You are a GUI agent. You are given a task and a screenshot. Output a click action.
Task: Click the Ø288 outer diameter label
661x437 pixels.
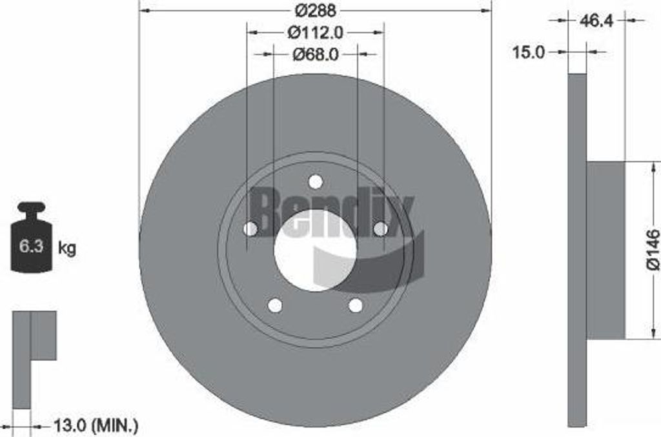(315, 11)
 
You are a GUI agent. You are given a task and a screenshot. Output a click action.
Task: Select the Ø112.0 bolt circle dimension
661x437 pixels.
(315, 32)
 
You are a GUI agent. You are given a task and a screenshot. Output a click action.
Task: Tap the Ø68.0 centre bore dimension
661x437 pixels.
(315, 55)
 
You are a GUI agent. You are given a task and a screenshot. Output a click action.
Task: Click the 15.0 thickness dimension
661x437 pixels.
(529, 52)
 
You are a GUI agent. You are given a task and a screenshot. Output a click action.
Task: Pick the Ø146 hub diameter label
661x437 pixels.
(652, 249)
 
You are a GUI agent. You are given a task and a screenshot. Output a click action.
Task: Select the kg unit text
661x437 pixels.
(67, 248)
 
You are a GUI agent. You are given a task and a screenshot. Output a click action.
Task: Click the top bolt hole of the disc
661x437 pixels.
(315, 182)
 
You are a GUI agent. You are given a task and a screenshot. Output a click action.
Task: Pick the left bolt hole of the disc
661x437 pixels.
(250, 229)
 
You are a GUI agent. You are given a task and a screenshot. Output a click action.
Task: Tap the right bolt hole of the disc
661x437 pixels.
(380, 229)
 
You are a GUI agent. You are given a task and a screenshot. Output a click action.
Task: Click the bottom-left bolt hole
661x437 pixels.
(275, 305)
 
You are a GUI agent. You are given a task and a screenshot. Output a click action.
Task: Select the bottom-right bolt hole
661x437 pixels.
(355, 305)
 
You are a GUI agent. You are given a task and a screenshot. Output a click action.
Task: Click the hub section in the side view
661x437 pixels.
(605, 249)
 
